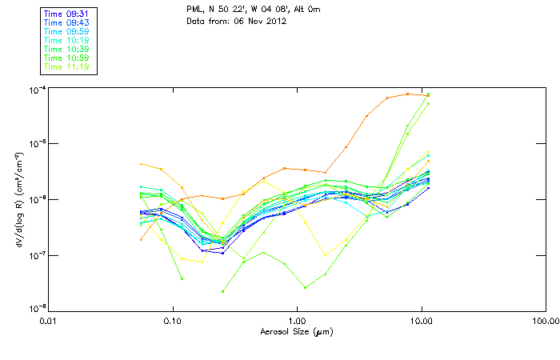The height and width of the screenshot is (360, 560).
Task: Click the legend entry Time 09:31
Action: pyautogui.click(x=67, y=14)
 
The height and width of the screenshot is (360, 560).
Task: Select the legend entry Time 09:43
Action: pyautogui.click(x=67, y=23)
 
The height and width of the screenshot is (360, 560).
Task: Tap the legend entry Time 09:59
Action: pyautogui.click(x=67, y=32)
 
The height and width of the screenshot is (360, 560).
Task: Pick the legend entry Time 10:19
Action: pyautogui.click(x=67, y=41)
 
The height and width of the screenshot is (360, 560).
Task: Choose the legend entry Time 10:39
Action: pyautogui.click(x=67, y=50)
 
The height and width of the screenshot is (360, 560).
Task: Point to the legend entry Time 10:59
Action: pyautogui.click(x=67, y=58)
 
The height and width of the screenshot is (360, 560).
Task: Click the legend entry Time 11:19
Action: pyautogui.click(x=67, y=67)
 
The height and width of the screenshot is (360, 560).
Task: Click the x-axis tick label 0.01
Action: pyautogui.click(x=48, y=320)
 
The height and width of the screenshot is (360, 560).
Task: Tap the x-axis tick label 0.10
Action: pyautogui.click(x=172, y=320)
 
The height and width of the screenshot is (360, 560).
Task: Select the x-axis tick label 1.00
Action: pyautogui.click(x=297, y=320)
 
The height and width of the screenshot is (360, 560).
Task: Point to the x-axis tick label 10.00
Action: pyautogui.click(x=422, y=320)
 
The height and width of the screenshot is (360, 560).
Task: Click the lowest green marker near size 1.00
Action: pyautogui.click(x=305, y=287)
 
